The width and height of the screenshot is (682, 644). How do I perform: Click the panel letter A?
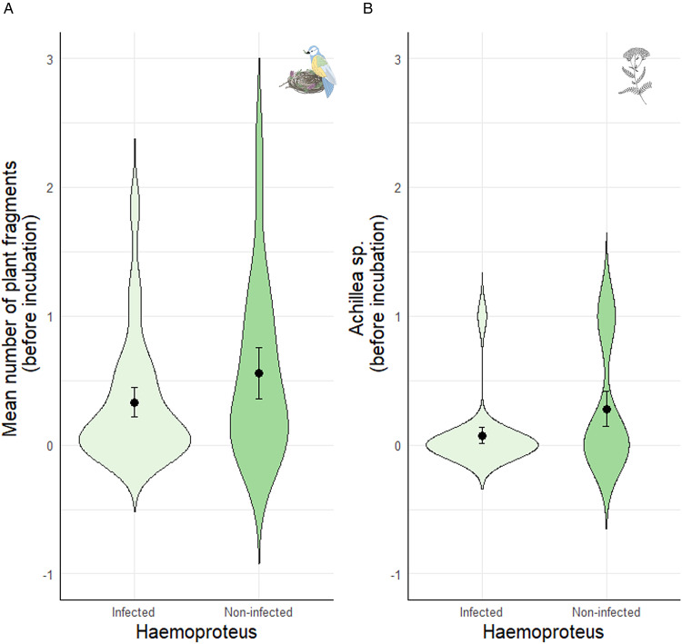(8, 8)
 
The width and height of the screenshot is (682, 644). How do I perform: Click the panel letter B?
(367, 8)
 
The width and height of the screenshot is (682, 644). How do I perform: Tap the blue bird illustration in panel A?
(323, 71)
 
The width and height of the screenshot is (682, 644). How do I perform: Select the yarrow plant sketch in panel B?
(635, 76)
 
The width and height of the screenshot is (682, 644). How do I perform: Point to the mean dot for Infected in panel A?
(135, 402)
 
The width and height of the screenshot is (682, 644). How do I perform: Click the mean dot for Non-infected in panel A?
(259, 373)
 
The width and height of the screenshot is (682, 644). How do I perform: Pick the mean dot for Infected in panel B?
(482, 436)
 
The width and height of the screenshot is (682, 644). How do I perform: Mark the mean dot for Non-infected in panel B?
(607, 410)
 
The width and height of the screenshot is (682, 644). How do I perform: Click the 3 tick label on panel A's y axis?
(50, 60)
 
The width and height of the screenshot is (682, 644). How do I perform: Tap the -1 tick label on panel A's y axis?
(48, 575)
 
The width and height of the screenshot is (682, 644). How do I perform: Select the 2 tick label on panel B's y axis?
(397, 188)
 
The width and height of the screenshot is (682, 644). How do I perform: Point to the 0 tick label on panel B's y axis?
(397, 446)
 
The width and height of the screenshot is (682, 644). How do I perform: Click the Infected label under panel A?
(133, 612)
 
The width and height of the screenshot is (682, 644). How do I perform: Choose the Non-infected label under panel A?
(258, 612)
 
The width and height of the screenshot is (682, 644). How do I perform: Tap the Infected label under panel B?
(481, 612)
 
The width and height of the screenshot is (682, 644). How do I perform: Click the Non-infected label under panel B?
(607, 612)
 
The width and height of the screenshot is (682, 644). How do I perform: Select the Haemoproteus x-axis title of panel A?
(196, 632)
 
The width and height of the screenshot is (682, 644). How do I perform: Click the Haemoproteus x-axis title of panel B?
(544, 632)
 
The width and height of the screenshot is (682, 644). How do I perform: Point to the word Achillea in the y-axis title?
(356, 301)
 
